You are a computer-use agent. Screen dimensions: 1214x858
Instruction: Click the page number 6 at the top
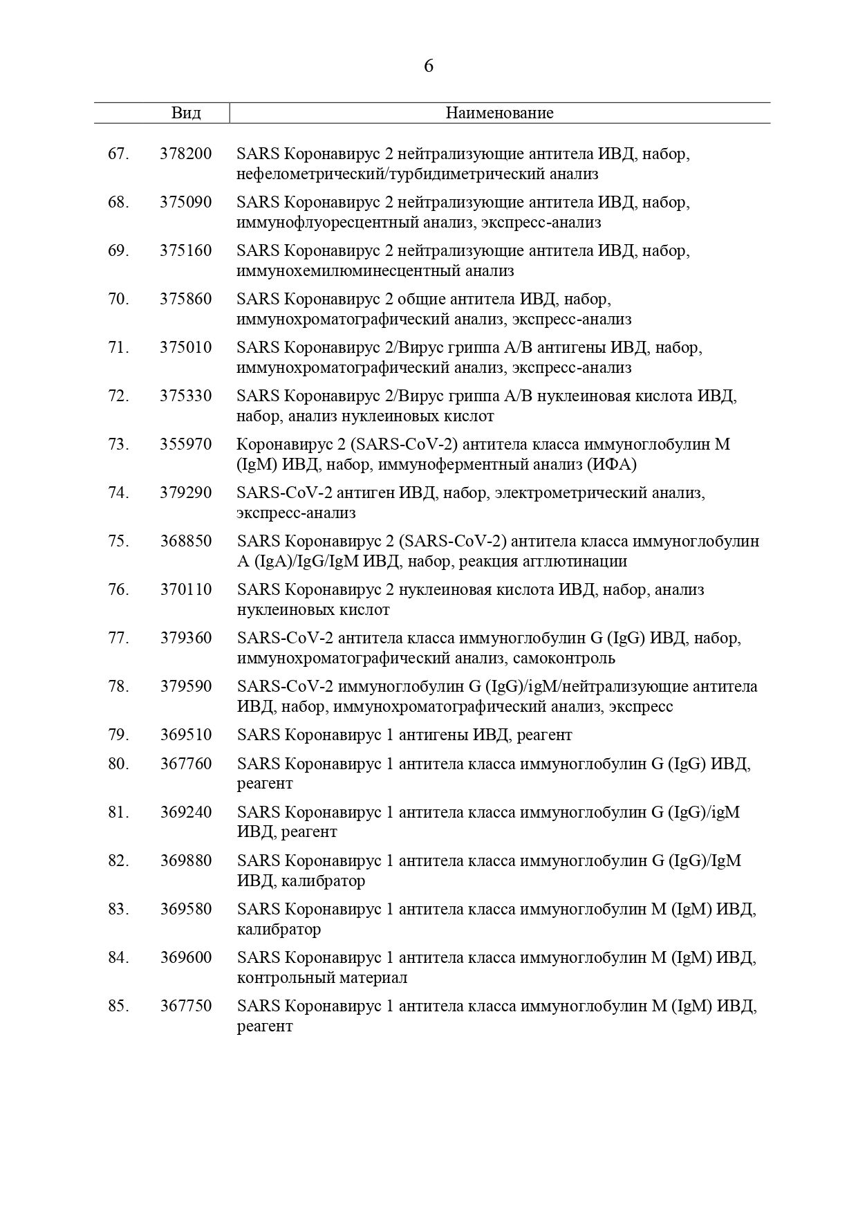point(429,66)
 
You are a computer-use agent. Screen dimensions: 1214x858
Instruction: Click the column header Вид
point(186,113)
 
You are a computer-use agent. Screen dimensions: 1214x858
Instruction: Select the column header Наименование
point(499,113)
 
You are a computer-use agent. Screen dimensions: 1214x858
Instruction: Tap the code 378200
point(186,154)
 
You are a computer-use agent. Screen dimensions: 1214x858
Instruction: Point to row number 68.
point(118,202)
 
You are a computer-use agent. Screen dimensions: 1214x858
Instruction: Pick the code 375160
point(186,250)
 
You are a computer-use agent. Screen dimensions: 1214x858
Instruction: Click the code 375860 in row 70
point(186,299)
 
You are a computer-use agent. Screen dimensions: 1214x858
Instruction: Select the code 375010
point(186,347)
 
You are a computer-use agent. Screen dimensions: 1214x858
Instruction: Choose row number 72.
point(118,396)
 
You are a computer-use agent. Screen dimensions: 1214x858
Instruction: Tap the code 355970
point(186,444)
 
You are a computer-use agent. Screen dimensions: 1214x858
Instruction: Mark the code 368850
point(186,541)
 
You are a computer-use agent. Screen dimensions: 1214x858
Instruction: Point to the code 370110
point(186,589)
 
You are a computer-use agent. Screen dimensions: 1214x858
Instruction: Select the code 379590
point(186,686)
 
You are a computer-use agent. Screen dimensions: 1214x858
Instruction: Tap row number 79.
point(118,735)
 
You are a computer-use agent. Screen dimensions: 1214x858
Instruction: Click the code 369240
point(186,812)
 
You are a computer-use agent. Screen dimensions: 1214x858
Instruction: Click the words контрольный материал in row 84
point(322,977)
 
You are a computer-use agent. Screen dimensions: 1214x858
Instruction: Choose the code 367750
point(186,1006)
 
